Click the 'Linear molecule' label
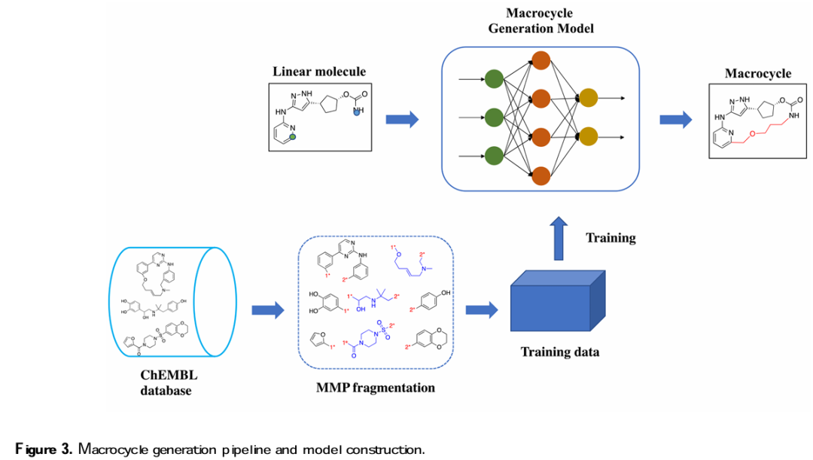(319, 72)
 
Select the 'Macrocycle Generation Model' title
(540, 21)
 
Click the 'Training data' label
(560, 351)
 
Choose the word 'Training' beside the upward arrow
(611, 238)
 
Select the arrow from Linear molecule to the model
(402, 118)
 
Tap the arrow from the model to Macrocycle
(676, 118)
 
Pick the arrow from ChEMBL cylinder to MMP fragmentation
(266, 309)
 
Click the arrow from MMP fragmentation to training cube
(483, 309)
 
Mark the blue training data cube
(558, 305)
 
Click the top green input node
(494, 78)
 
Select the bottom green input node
(494, 156)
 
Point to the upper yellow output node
(587, 98)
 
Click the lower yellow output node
(587, 137)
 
